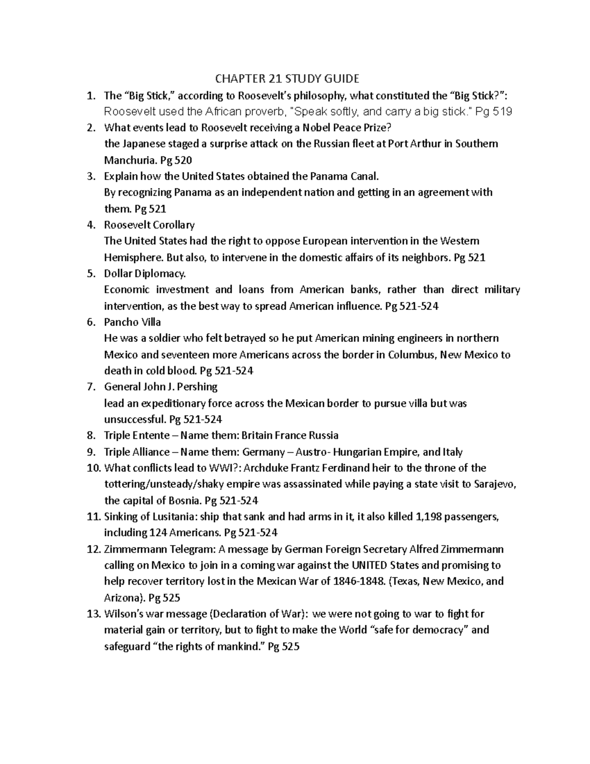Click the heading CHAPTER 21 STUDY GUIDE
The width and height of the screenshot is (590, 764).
(287, 79)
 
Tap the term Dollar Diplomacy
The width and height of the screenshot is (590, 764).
(145, 274)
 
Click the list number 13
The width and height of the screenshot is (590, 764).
(93, 614)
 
